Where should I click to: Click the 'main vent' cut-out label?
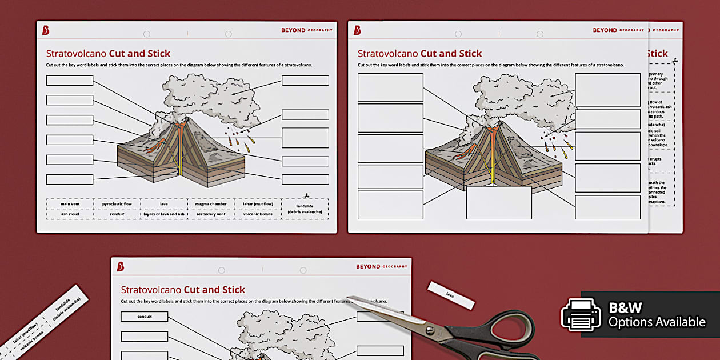(x=70, y=203)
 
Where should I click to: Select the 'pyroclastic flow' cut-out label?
(x=117, y=203)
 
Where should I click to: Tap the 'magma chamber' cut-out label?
(x=210, y=203)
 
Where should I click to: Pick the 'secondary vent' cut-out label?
(x=210, y=214)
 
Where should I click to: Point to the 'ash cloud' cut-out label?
(x=70, y=214)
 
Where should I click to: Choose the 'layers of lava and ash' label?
(x=163, y=214)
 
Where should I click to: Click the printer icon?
(x=581, y=314)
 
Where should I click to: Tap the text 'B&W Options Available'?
(x=657, y=315)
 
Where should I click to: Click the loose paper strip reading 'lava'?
(x=451, y=294)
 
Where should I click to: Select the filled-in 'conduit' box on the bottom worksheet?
(x=145, y=316)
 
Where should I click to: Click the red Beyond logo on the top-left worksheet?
(x=46, y=30)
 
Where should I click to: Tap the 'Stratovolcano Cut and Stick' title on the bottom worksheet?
(x=183, y=289)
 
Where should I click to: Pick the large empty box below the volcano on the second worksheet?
(x=499, y=203)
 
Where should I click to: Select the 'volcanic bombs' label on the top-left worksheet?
(x=257, y=214)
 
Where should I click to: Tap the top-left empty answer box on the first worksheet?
(x=70, y=81)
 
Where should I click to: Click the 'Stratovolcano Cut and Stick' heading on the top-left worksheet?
(x=108, y=54)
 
